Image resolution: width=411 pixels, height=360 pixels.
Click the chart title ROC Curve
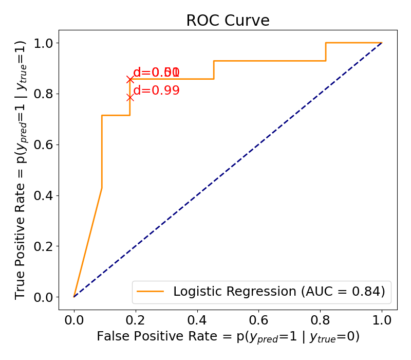point(228,21)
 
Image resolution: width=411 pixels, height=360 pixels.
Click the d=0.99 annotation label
point(156,91)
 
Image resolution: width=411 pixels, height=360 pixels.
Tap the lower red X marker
point(130,97)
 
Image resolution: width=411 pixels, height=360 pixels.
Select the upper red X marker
point(130,79)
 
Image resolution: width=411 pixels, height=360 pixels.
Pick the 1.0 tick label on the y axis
point(44,43)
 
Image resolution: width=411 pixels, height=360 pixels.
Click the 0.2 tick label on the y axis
point(44,246)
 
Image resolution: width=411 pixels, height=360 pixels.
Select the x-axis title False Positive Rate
point(228,337)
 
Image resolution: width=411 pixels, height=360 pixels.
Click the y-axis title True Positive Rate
point(21,170)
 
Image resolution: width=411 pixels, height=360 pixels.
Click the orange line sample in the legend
point(150,292)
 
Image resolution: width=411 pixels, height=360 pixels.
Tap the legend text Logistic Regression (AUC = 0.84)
point(279,292)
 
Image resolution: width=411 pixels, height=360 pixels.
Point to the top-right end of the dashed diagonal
point(382,43)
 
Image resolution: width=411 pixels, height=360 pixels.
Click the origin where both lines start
point(74,297)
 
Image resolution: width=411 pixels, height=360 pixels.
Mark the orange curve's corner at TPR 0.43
point(102,188)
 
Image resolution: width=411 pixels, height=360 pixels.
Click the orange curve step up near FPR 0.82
point(326,52)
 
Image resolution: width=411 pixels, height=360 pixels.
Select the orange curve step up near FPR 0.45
point(214,70)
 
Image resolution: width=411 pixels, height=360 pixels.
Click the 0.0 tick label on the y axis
point(44,297)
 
